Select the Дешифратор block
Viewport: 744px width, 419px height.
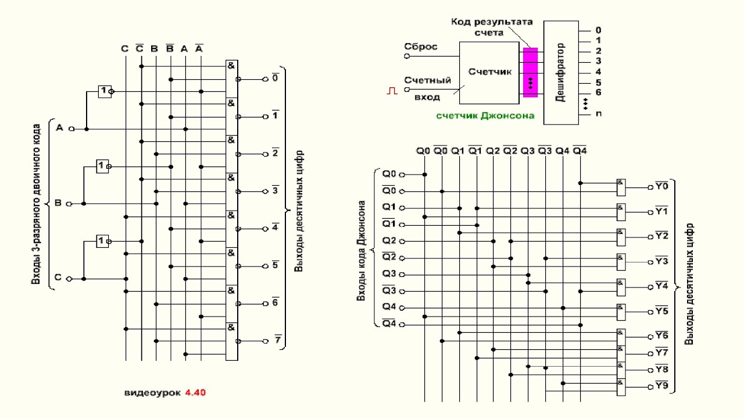click(561, 72)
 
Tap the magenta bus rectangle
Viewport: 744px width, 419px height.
click(530, 72)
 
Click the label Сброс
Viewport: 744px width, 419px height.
click(421, 47)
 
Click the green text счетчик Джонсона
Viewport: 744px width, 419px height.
click(485, 115)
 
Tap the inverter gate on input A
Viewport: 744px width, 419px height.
click(105, 91)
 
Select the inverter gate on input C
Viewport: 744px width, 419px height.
click(103, 240)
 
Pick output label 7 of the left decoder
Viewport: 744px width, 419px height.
click(277, 340)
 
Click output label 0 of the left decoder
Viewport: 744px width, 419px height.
click(276, 77)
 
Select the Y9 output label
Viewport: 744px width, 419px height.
click(661, 386)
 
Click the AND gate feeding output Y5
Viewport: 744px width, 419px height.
click(621, 311)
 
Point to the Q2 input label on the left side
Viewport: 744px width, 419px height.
click(389, 241)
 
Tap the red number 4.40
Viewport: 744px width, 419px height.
click(195, 393)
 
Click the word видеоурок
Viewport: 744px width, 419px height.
click(153, 393)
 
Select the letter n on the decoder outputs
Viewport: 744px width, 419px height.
click(598, 113)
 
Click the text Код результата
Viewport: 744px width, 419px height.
click(491, 22)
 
